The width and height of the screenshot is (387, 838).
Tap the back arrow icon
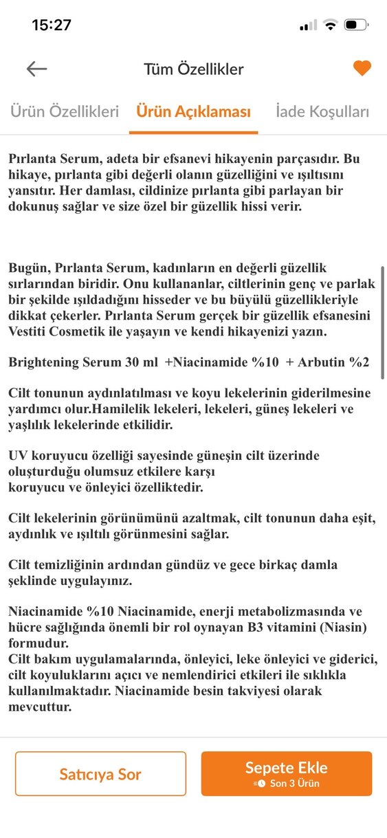click(36, 68)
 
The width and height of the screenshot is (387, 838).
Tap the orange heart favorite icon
click(362, 68)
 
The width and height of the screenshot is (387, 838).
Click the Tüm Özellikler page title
click(193, 69)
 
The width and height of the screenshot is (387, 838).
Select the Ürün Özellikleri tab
click(64, 111)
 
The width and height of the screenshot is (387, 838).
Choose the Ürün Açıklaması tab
click(193, 111)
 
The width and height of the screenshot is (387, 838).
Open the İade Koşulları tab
click(322, 111)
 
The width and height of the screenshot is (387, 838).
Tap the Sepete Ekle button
click(286, 773)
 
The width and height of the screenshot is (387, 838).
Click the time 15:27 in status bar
click(52, 25)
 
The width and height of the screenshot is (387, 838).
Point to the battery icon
click(356, 25)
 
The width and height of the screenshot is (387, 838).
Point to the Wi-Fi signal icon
click(331, 25)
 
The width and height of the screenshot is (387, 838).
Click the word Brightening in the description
click(42, 362)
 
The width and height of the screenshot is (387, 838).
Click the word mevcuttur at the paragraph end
click(40, 705)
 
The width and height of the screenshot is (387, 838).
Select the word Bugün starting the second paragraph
click(27, 269)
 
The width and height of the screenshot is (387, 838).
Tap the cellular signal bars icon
click(309, 25)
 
